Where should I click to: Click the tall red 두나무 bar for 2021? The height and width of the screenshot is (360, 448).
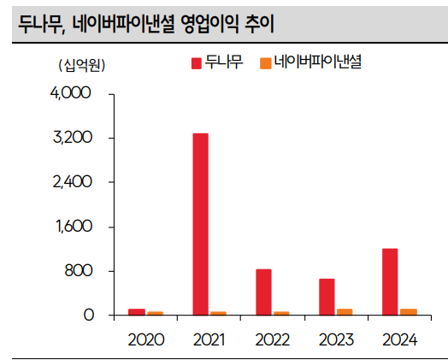pyautogui.click(x=200, y=224)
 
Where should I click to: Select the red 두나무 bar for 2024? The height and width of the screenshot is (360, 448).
pyautogui.click(x=390, y=282)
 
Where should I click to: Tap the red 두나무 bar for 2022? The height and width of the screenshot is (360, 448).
pyautogui.click(x=263, y=292)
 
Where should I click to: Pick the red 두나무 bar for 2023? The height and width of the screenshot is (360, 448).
pyautogui.click(x=327, y=297)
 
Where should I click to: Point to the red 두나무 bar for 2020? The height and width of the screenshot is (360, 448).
pyautogui.click(x=137, y=312)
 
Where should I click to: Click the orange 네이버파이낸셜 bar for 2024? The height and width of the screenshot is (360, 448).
pyautogui.click(x=410, y=312)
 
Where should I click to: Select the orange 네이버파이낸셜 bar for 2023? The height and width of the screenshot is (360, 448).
pyautogui.click(x=345, y=312)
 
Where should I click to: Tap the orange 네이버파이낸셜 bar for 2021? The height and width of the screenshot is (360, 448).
pyautogui.click(x=219, y=313)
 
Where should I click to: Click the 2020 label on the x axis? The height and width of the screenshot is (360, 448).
pyautogui.click(x=145, y=339)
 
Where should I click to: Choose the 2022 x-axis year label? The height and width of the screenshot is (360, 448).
pyautogui.click(x=273, y=339)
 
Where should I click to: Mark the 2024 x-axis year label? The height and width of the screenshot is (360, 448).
pyautogui.click(x=398, y=339)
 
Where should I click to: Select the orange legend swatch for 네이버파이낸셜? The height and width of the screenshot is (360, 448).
pyautogui.click(x=266, y=63)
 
